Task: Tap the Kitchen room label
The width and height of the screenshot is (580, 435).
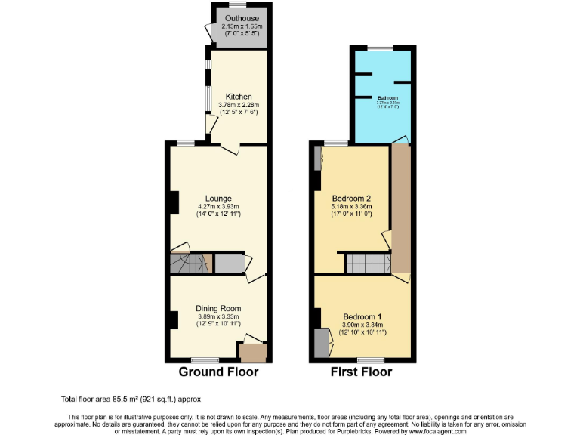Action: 239,97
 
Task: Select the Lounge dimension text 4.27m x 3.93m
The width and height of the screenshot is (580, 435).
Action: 217,207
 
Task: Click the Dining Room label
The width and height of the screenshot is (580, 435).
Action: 218,308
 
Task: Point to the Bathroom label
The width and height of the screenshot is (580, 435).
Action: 388,98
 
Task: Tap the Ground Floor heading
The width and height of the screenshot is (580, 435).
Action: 218,372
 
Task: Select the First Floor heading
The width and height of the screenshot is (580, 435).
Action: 361,372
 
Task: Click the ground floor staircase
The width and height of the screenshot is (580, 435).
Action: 188,264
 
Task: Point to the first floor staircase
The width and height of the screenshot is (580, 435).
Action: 367,264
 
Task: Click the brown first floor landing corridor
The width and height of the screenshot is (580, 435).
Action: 400,208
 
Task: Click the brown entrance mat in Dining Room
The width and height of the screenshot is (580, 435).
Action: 252,351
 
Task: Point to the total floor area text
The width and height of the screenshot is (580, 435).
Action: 131,399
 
